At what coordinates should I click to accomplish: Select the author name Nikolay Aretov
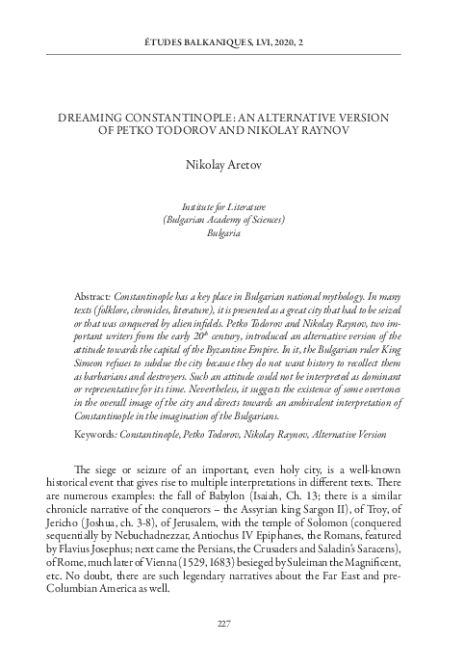tap(231, 165)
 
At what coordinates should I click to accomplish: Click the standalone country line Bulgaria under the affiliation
tap(231, 233)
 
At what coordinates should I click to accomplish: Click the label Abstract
tap(92, 290)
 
